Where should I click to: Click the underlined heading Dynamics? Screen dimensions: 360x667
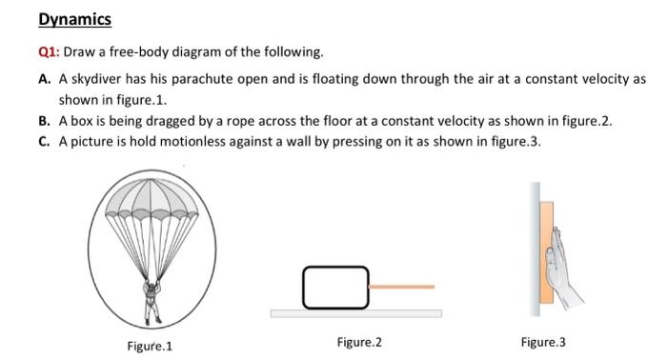[75, 19]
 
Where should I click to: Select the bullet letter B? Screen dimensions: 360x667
[45, 123]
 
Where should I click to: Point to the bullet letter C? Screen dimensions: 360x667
[45, 142]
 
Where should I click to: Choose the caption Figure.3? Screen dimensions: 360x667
[543, 343]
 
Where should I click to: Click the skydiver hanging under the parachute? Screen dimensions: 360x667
[150, 297]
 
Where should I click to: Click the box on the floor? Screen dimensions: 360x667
[334, 287]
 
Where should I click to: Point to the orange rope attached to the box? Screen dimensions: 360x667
[400, 286]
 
